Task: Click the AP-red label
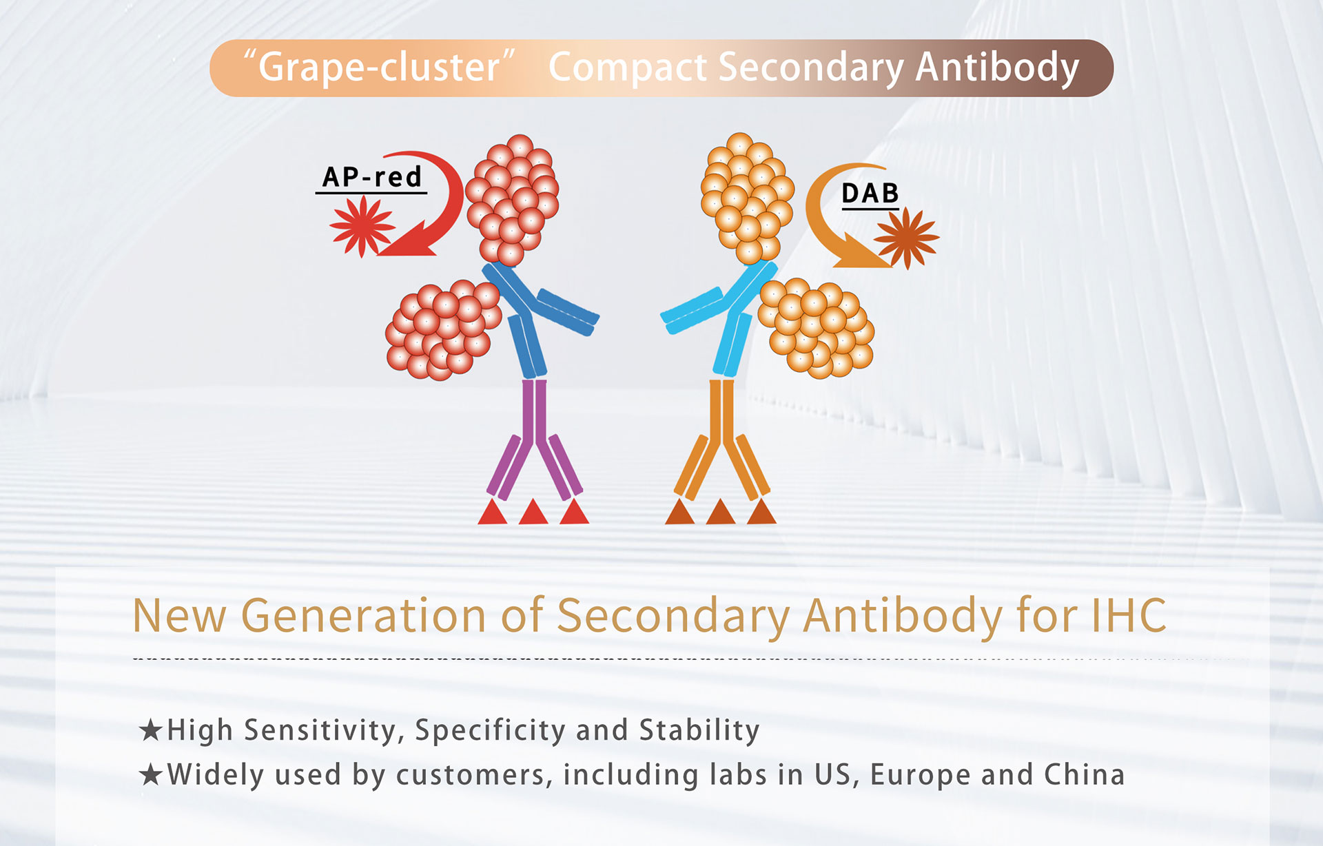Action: coord(372,177)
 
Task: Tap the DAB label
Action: coord(870,194)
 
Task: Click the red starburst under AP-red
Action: coord(362,226)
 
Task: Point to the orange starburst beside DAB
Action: coord(907,238)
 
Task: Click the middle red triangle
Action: coord(533,512)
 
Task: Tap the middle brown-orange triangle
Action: coord(721,512)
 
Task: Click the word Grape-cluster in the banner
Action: coord(380,68)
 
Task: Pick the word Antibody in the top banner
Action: coord(997,68)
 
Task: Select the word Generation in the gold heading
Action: coord(363,615)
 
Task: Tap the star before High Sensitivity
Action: coord(150,730)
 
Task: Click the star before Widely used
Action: coord(150,774)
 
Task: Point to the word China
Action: coord(1084,774)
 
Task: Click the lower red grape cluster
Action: coord(443,330)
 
